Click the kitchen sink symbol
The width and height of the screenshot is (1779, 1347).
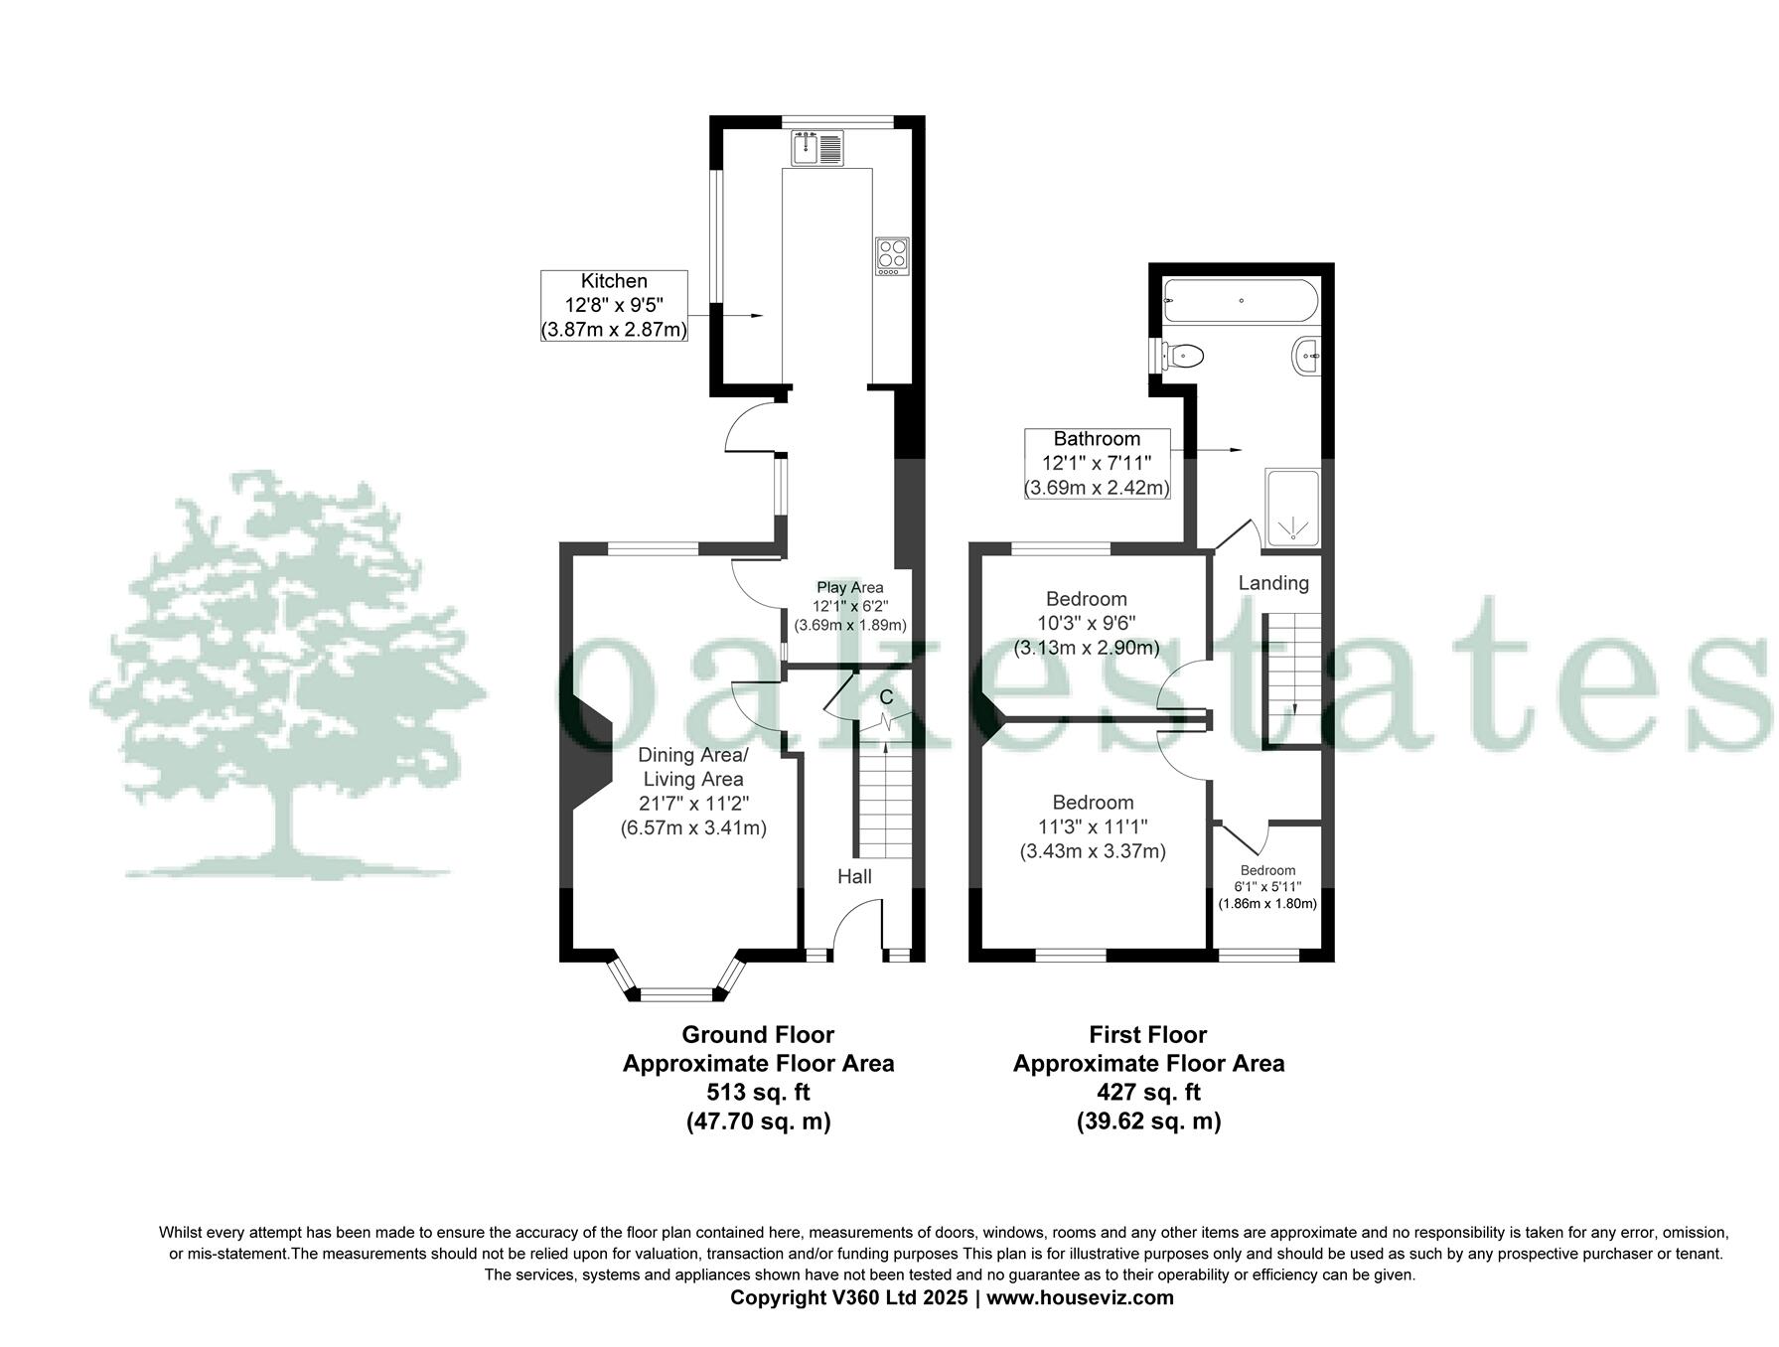pyautogui.click(x=817, y=148)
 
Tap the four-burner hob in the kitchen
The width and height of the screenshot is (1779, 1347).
pyautogui.click(x=891, y=255)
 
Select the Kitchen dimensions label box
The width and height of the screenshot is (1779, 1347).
pyautogui.click(x=614, y=306)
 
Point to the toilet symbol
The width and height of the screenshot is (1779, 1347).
pyautogui.click(x=1182, y=355)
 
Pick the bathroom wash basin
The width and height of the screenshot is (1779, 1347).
pyautogui.click(x=1307, y=356)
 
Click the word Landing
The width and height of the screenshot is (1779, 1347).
pyautogui.click(x=1272, y=583)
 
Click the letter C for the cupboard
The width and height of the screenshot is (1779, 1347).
pyautogui.click(x=886, y=697)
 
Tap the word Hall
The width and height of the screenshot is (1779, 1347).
pyautogui.click(x=854, y=876)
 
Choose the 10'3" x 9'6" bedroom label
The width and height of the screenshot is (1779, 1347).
pyautogui.click(x=1086, y=624)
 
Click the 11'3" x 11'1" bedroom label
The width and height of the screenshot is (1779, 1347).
pyautogui.click(x=1093, y=826)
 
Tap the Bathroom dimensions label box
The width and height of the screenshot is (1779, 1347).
pyautogui.click(x=1097, y=463)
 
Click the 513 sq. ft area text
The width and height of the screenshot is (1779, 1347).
pyautogui.click(x=758, y=1093)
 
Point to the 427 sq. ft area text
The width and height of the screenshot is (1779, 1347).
pyautogui.click(x=1148, y=1093)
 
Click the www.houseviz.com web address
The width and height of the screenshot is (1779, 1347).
pyautogui.click(x=1080, y=1297)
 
